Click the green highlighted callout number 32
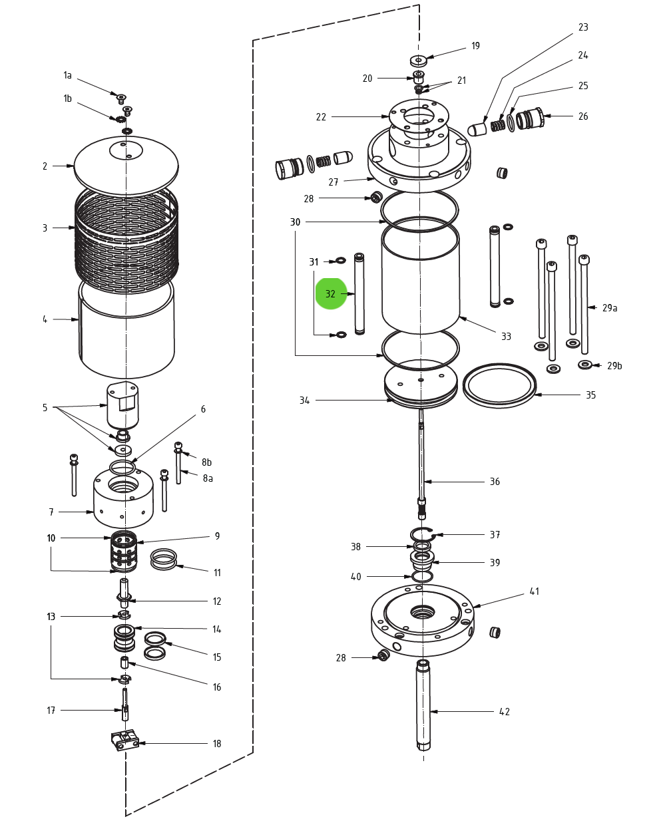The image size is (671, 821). pyautogui.click(x=331, y=294)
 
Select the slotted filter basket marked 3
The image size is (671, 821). pyautogui.click(x=126, y=240)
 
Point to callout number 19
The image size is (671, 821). pyautogui.click(x=475, y=46)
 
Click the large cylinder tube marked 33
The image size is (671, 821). pyautogui.click(x=421, y=279)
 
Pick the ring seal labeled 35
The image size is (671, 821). pyautogui.click(x=499, y=385)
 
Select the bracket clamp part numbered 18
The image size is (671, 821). pyautogui.click(x=124, y=740)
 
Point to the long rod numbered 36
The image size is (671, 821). pyautogui.click(x=421, y=459)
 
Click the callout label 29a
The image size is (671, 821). pyautogui.click(x=610, y=308)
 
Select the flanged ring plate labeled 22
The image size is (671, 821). pyautogui.click(x=419, y=123)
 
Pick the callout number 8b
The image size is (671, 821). pyautogui.click(x=207, y=462)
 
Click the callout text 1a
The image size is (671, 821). pyautogui.click(x=67, y=75)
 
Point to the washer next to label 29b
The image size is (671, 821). pyautogui.click(x=585, y=365)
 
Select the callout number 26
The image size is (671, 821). pyautogui.click(x=583, y=116)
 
